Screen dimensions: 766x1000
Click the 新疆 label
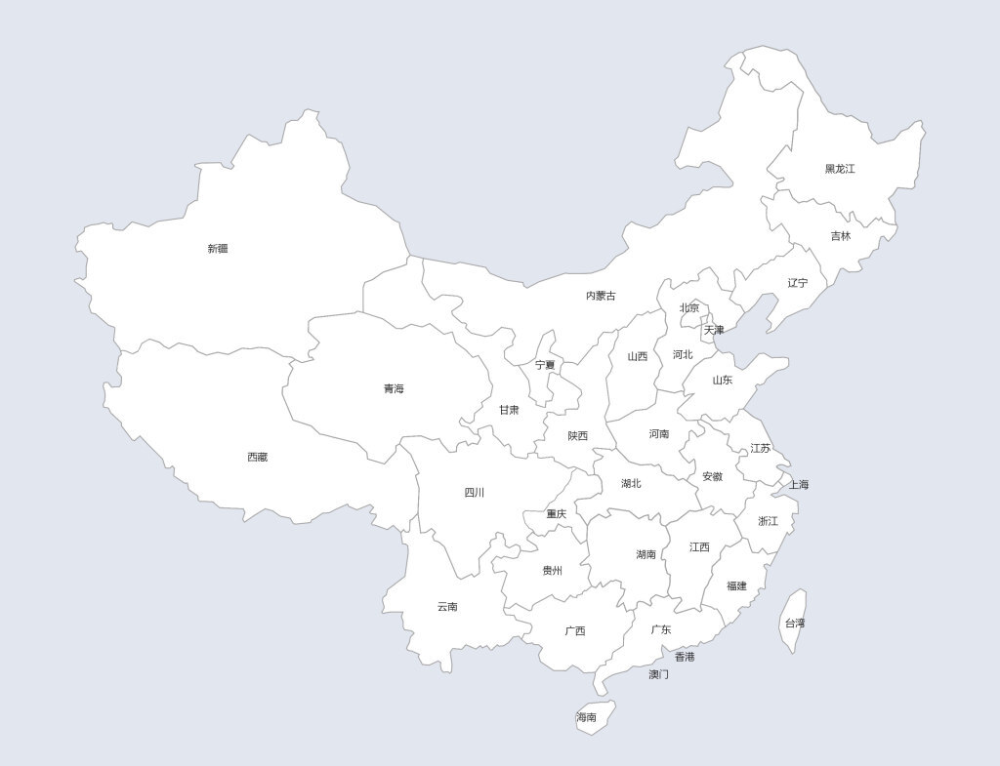click(x=218, y=249)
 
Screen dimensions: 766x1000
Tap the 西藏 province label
click(x=257, y=457)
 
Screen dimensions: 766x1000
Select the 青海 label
click(x=394, y=388)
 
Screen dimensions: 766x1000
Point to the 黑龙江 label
click(x=840, y=169)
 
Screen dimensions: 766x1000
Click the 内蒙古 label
click(x=601, y=296)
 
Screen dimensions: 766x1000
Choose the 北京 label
click(x=689, y=308)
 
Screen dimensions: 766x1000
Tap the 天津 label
click(x=714, y=330)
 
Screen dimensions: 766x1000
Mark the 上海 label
click(x=799, y=484)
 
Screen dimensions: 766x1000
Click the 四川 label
click(x=475, y=493)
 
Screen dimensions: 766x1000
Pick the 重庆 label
click(x=557, y=514)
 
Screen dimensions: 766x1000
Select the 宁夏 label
click(x=545, y=365)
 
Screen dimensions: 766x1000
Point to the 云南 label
click(x=447, y=607)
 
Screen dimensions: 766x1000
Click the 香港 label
click(x=685, y=657)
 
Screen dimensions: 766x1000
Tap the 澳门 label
click(x=659, y=674)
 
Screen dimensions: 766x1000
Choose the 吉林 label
click(x=841, y=236)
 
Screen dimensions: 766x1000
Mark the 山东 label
click(x=722, y=381)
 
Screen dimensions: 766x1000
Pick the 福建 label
click(x=736, y=586)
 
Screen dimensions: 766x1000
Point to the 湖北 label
click(x=632, y=483)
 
